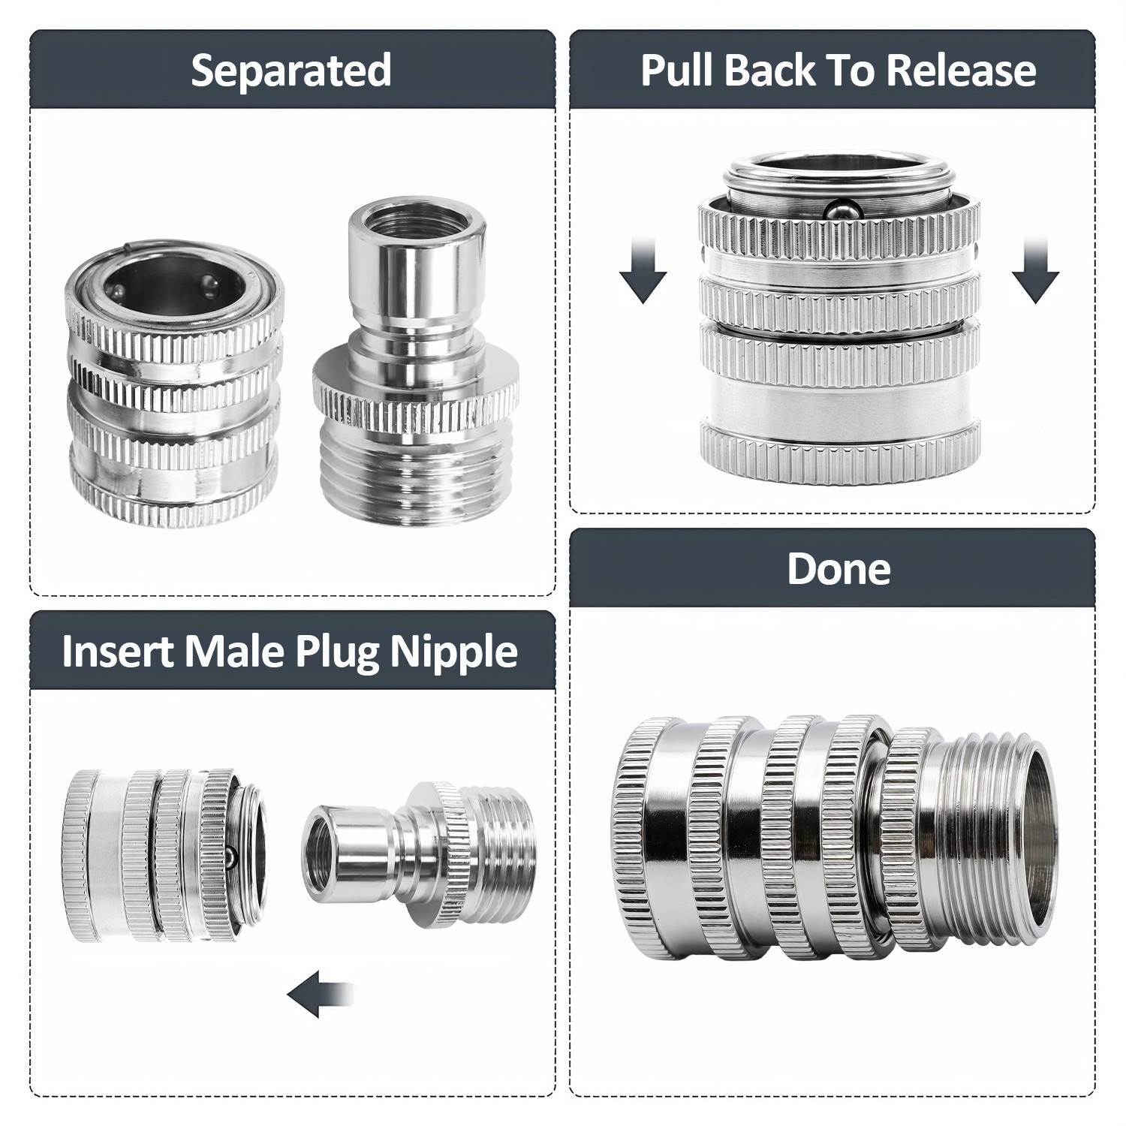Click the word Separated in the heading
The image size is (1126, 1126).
[291, 71]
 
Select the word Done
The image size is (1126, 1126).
[838, 569]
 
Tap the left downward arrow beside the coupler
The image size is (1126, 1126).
[643, 269]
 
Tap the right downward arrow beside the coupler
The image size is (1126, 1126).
[1036, 269]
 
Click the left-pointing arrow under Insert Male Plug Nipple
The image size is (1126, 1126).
[320, 994]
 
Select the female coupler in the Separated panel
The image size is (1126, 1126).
[174, 383]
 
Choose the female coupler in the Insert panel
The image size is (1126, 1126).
[164, 856]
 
